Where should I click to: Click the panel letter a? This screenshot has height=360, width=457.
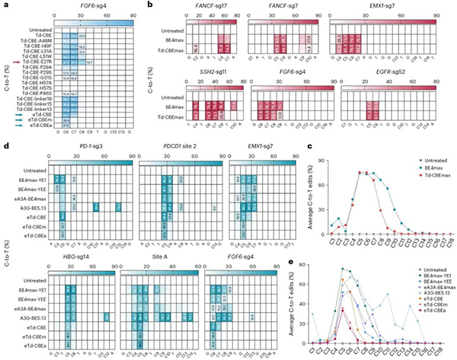(4, 5)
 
